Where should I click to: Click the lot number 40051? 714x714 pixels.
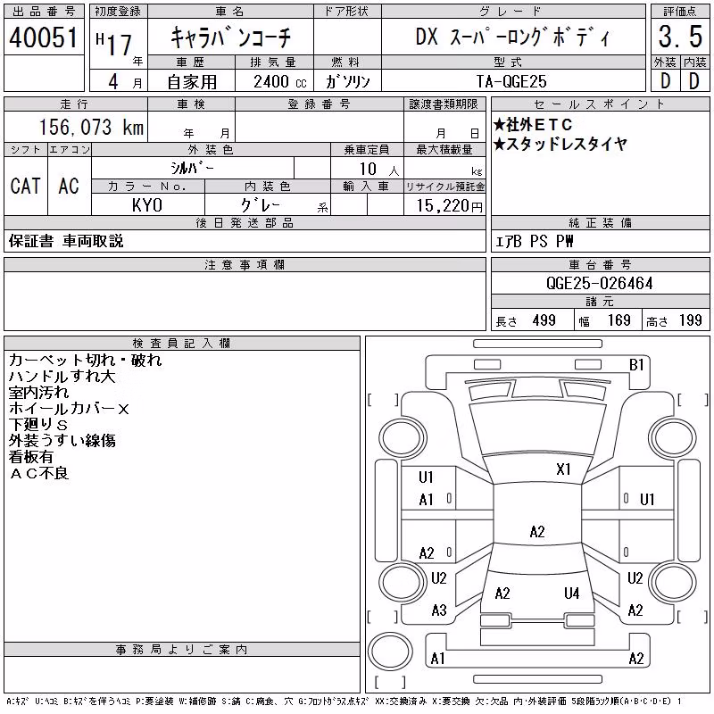pos(43,37)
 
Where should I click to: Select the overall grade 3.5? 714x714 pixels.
pos(680,37)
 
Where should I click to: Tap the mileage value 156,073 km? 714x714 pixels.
pos(91,127)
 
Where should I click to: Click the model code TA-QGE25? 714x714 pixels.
pos(511,81)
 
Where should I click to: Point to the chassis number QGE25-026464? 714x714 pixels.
pos(600,283)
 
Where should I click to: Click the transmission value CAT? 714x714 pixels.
pos(26,186)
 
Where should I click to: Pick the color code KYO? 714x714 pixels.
pos(147,205)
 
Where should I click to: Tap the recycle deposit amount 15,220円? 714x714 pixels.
pos(450,206)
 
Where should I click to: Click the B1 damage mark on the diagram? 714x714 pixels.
pos(636,365)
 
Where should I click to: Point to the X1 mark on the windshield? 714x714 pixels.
pos(563,469)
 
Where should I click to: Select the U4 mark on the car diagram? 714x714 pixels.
pos(571,594)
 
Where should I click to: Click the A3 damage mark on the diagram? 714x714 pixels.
pos(439,610)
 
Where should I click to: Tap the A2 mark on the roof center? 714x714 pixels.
pos(537,531)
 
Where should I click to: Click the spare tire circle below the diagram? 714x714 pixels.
pos(390,651)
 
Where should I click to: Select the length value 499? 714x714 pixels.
pos(544,320)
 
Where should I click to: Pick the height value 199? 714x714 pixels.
pos(690,320)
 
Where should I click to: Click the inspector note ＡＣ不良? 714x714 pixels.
pos(39,473)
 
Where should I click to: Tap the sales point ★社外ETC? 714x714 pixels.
pos(533,124)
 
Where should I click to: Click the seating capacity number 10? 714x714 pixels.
pos(368,169)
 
